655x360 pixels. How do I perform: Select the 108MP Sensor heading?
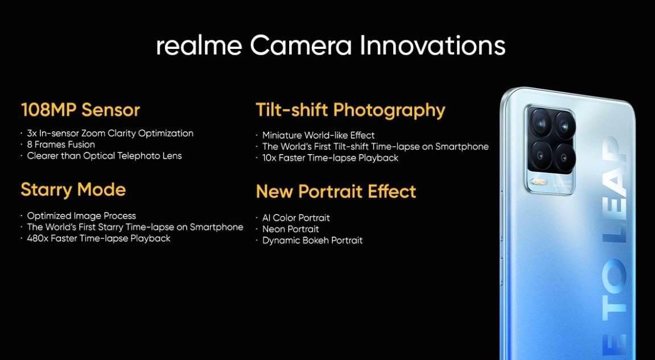[80, 110]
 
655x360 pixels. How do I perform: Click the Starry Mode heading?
[73, 189]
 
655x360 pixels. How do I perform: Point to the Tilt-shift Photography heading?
[351, 110]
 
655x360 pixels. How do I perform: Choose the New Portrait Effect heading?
[336, 192]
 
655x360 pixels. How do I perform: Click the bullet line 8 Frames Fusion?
[61, 144]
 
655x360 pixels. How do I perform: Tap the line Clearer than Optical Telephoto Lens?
[104, 156]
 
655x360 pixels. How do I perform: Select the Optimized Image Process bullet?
[81, 216]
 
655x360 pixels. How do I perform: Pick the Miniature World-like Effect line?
[318, 135]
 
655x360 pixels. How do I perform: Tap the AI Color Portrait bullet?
[296, 218]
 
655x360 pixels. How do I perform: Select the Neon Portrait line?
[290, 229]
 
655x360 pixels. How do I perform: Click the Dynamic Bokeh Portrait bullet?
[312, 241]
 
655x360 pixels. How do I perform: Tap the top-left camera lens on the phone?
[540, 121]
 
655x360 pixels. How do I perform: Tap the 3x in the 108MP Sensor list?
[32, 133]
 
